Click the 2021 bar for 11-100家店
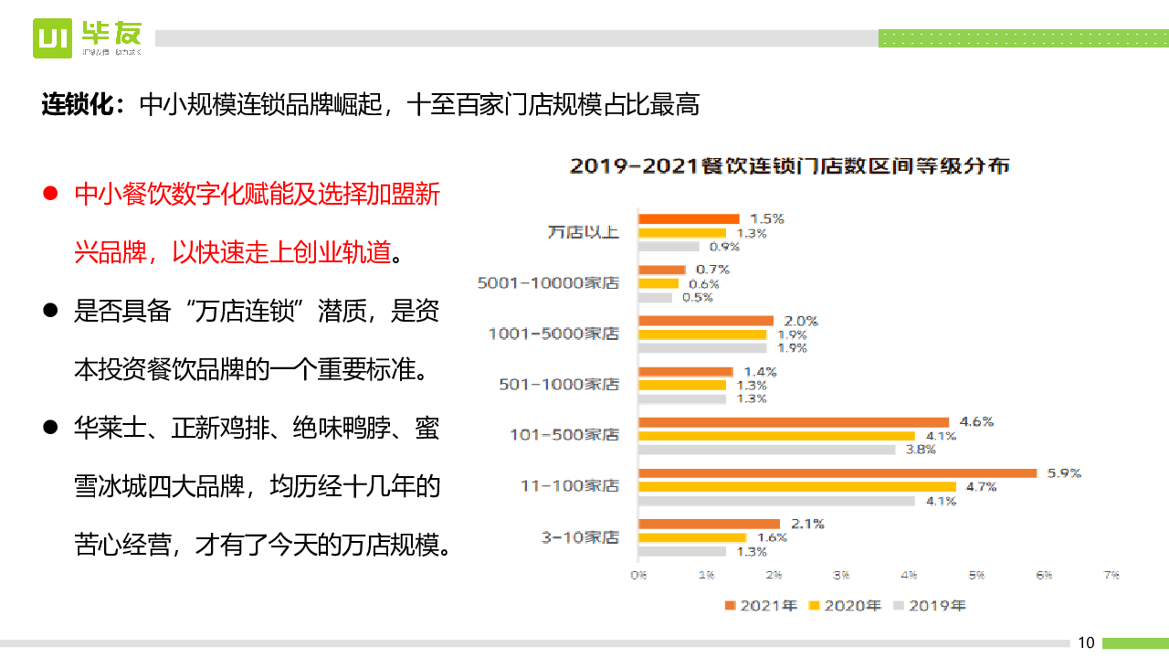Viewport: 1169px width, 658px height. click(x=837, y=473)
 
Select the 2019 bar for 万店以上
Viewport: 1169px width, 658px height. click(x=669, y=247)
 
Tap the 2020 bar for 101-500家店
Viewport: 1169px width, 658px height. click(x=776, y=436)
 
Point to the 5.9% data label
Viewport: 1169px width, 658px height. click(x=1064, y=473)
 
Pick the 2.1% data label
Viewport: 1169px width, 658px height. click(x=807, y=524)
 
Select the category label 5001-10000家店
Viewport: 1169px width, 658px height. click(x=548, y=283)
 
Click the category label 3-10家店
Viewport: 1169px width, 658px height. click(x=580, y=537)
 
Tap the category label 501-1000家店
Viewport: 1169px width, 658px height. click(x=559, y=385)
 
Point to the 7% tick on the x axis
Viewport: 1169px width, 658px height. click(x=1111, y=576)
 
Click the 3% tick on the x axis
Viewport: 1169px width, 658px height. click(x=841, y=576)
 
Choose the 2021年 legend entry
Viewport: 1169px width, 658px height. click(x=761, y=605)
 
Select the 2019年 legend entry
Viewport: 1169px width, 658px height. click(x=929, y=605)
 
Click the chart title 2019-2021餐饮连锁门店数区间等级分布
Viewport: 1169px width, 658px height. click(x=789, y=167)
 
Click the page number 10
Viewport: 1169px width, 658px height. click(x=1086, y=642)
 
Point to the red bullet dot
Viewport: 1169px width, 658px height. click(x=51, y=194)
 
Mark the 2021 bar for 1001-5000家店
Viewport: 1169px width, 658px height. click(x=706, y=321)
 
